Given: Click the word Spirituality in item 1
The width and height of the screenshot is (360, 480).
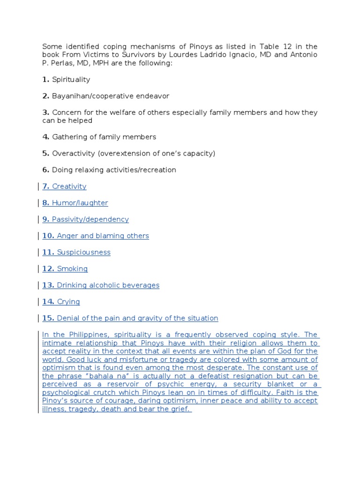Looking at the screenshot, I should click(71, 80).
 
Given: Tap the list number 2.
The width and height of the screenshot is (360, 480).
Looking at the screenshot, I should click(45, 96).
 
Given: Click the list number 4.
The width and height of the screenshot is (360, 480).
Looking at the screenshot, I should click(45, 137).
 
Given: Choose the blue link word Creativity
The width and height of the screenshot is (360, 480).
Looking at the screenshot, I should click(69, 187).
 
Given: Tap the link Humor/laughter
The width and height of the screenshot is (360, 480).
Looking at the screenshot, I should click(80, 203).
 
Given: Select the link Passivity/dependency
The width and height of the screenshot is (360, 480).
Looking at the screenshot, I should click(90, 219).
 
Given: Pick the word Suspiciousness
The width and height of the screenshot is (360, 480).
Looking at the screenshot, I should click(83, 252).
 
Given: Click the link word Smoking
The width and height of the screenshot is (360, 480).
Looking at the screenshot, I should click(72, 269).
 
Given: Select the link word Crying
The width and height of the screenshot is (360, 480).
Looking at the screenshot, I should click(68, 301).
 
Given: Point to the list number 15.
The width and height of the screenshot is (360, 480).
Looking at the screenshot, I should click(48, 318).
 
